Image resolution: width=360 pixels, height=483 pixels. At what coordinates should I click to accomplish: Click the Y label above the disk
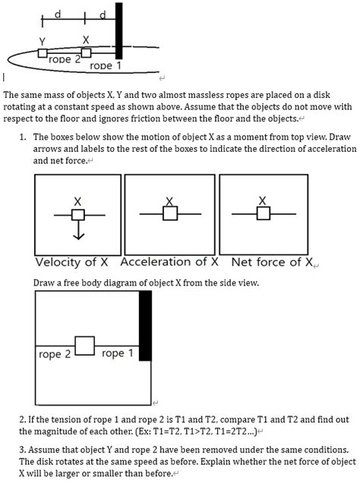click(43, 41)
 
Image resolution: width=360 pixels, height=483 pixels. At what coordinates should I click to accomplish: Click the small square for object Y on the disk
click(43, 53)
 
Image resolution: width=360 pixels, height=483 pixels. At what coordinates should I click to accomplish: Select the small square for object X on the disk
click(87, 52)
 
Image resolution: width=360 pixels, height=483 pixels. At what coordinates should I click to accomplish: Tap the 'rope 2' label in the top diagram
click(64, 59)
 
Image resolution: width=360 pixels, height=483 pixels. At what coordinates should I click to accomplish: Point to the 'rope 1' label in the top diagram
click(106, 65)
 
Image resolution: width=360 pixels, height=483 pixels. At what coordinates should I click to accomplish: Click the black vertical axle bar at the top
click(118, 30)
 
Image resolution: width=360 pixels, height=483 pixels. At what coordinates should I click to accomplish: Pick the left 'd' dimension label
click(58, 14)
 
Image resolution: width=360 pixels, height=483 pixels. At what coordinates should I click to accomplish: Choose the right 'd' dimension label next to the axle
click(103, 14)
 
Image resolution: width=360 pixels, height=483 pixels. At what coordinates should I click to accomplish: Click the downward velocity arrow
click(78, 230)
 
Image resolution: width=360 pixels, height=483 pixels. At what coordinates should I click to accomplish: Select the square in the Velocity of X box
click(78, 215)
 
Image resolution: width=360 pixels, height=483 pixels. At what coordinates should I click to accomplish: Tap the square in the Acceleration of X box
click(170, 213)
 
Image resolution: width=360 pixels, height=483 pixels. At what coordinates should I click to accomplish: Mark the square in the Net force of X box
click(264, 213)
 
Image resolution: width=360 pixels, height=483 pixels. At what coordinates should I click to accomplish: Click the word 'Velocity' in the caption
click(58, 262)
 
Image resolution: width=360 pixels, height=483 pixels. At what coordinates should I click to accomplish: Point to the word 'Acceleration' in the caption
click(156, 262)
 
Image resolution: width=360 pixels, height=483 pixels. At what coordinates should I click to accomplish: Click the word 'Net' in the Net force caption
click(242, 262)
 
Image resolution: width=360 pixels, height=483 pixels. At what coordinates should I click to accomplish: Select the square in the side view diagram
click(85, 346)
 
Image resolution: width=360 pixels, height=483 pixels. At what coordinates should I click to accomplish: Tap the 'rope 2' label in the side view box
click(55, 354)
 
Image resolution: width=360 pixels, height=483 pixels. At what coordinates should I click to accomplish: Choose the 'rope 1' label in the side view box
click(117, 353)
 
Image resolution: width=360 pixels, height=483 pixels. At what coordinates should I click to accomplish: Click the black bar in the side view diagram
click(145, 326)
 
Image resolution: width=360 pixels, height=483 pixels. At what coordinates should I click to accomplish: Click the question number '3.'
click(23, 450)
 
